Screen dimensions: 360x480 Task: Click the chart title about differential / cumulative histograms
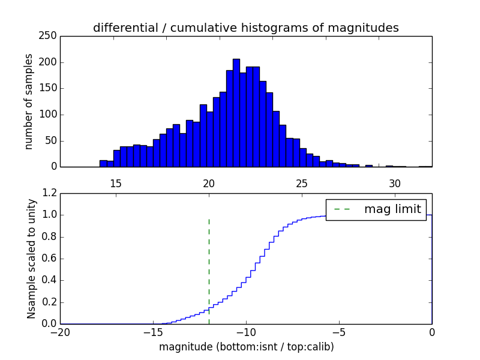(245, 28)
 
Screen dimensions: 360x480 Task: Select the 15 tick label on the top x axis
(116, 182)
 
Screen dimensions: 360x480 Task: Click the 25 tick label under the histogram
(302, 182)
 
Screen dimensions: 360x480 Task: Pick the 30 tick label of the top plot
(394, 182)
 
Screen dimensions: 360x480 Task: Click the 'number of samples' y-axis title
(29, 101)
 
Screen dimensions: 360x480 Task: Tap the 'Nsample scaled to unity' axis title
(31, 259)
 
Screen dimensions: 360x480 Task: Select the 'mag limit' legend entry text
(392, 209)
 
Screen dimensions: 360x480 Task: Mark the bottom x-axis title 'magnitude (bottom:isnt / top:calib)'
(246, 347)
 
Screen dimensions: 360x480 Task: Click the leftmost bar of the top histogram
(103, 163)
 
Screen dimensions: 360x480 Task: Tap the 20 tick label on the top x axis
(209, 182)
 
